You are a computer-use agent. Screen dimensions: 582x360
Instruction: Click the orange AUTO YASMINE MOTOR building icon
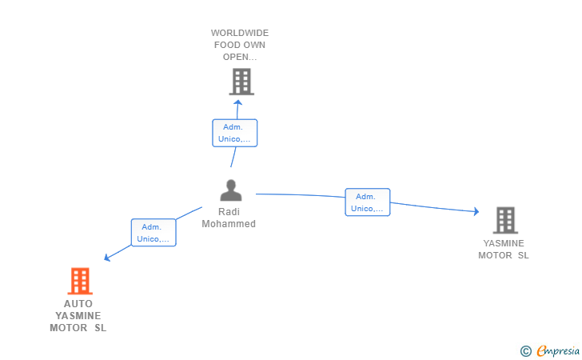(x=80, y=281)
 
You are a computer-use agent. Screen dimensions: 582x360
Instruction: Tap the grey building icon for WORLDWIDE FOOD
(x=241, y=82)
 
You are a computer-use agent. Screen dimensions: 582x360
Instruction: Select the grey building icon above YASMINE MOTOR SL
(x=505, y=220)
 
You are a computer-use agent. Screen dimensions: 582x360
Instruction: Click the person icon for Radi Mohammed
(x=231, y=190)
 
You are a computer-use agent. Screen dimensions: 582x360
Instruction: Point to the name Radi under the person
(x=229, y=212)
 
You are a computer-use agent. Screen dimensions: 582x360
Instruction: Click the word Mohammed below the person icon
(x=229, y=224)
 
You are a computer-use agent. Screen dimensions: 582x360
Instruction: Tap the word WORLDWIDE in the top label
(x=240, y=33)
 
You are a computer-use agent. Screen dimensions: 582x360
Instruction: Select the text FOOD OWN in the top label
(x=240, y=45)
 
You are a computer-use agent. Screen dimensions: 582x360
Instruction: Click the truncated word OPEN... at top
(x=240, y=57)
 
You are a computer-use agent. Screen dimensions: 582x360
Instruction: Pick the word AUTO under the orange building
(x=78, y=304)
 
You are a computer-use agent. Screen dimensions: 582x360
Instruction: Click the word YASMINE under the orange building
(x=78, y=316)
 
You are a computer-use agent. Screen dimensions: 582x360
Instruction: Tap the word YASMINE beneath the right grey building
(x=504, y=243)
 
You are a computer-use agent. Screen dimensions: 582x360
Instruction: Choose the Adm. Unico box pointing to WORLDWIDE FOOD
(x=234, y=133)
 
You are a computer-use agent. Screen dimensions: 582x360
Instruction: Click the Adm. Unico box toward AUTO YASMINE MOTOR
(x=153, y=233)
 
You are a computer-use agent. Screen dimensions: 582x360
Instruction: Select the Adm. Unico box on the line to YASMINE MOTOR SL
(x=368, y=202)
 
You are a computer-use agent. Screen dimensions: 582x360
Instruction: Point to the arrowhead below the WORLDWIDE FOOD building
(x=238, y=102)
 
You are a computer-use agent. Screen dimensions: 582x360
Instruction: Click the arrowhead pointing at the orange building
(x=107, y=257)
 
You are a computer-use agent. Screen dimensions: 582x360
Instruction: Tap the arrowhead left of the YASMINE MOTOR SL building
(x=476, y=212)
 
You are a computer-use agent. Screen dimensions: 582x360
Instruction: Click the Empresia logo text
(x=558, y=350)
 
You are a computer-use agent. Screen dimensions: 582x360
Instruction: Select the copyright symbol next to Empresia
(x=525, y=351)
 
